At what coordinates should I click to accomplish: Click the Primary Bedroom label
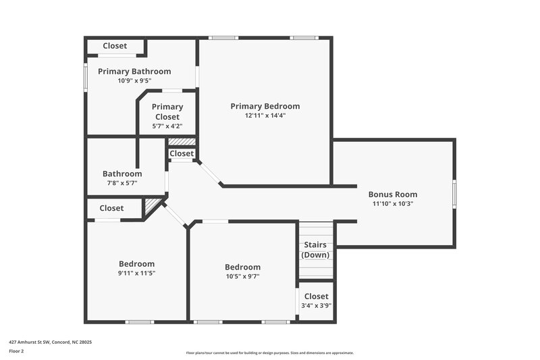click(265, 106)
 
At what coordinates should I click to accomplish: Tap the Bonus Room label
click(392, 194)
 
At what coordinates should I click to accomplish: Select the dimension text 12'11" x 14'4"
click(265, 115)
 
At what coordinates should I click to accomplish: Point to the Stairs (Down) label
click(315, 249)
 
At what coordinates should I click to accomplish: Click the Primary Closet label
click(167, 111)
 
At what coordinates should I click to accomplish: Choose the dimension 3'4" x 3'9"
click(316, 305)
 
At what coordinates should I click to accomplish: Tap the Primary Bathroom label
click(134, 71)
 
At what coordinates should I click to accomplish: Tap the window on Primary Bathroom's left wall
click(85, 76)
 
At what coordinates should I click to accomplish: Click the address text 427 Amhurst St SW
click(50, 342)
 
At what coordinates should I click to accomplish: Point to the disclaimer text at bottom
click(269, 353)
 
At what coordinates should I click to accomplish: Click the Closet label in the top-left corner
click(115, 46)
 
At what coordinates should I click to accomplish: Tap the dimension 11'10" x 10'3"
click(392, 203)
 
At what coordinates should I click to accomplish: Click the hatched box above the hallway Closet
click(182, 142)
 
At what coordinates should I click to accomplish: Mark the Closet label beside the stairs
click(316, 297)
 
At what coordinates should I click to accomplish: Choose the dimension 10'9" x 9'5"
click(134, 80)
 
